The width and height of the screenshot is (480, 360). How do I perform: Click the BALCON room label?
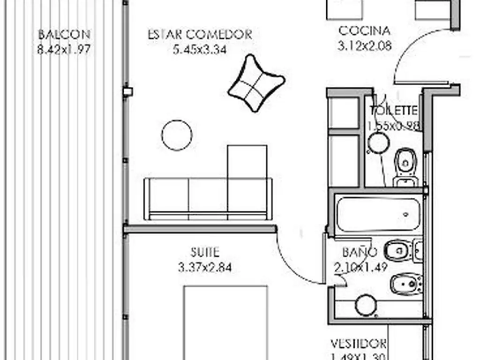(64, 34)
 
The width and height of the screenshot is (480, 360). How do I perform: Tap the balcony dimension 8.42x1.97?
(64, 49)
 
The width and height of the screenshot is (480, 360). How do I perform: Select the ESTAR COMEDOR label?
(200, 35)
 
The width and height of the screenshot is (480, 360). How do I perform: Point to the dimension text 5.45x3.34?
(200, 49)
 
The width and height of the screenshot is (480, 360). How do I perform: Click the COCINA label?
(364, 31)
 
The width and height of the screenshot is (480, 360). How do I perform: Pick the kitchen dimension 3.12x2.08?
(364, 46)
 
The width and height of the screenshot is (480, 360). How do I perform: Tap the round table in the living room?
(177, 135)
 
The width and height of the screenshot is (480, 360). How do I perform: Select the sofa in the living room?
(208, 199)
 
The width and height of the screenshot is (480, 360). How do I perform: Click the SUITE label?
(205, 252)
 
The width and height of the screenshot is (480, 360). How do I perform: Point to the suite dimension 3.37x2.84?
(205, 268)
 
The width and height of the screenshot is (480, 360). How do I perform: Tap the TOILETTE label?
(394, 111)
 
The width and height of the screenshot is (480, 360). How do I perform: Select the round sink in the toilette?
(379, 143)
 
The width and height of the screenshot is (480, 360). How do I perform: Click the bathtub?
(379, 214)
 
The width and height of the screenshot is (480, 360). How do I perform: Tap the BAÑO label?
(360, 252)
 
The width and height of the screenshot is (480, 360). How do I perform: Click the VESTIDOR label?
(359, 344)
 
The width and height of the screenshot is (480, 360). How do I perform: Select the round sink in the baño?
(366, 306)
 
